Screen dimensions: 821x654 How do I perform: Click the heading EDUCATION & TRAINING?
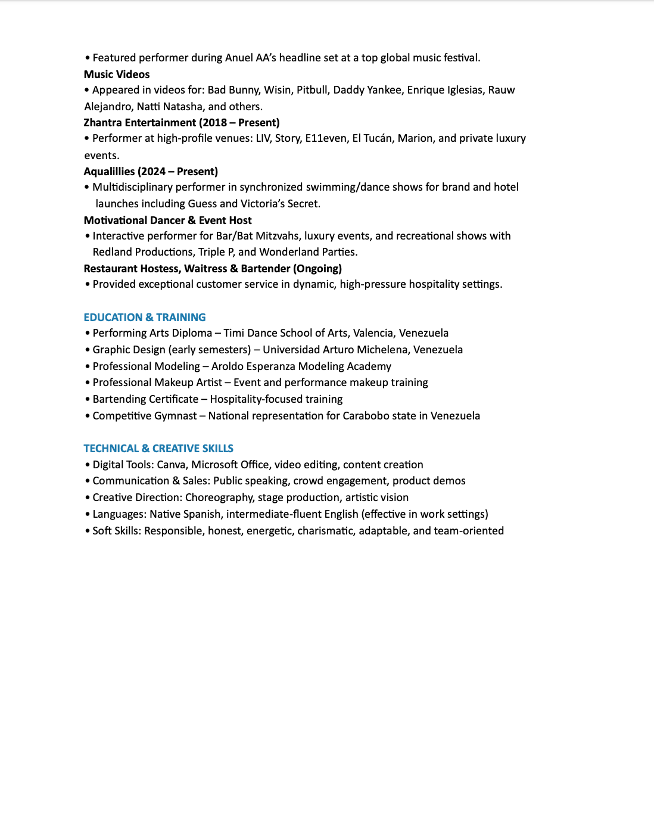click(x=145, y=318)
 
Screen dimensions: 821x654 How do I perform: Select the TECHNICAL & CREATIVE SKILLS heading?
click(x=158, y=449)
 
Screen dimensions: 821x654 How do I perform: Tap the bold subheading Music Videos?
click(x=117, y=74)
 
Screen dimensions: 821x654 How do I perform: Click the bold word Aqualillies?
click(x=109, y=172)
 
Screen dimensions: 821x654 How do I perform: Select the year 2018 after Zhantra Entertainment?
click(x=215, y=123)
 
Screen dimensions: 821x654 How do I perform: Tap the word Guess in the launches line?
click(x=202, y=204)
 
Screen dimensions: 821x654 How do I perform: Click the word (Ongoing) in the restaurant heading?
click(x=317, y=269)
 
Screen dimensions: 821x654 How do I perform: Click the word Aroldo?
click(x=229, y=366)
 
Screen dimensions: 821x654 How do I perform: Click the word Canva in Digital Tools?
click(x=171, y=465)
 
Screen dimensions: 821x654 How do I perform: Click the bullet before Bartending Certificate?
click(x=88, y=400)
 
